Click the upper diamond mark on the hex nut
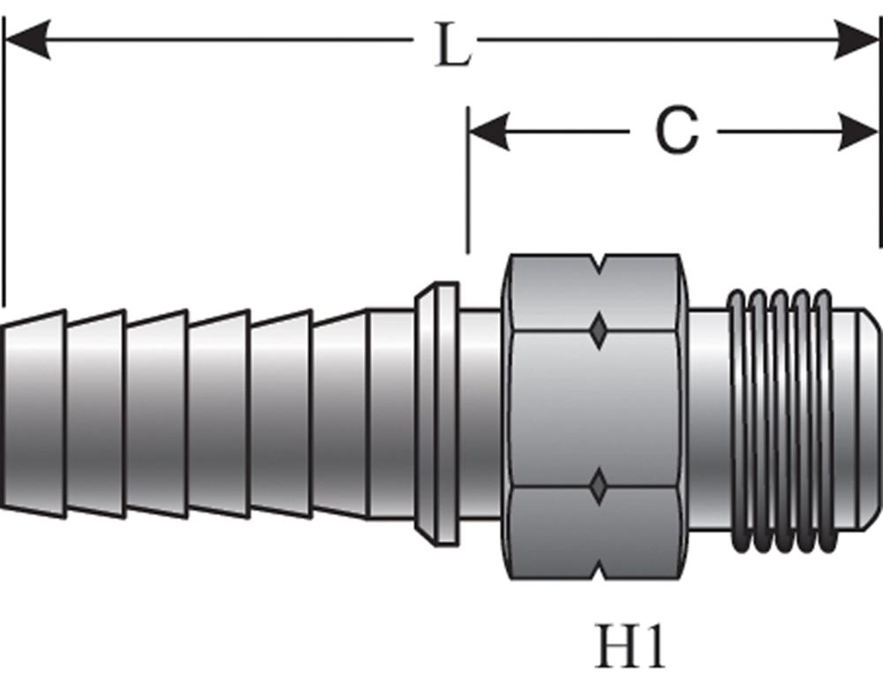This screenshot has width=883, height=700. (599, 331)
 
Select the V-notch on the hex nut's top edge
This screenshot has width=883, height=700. (599, 262)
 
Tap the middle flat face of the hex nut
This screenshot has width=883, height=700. (599, 408)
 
